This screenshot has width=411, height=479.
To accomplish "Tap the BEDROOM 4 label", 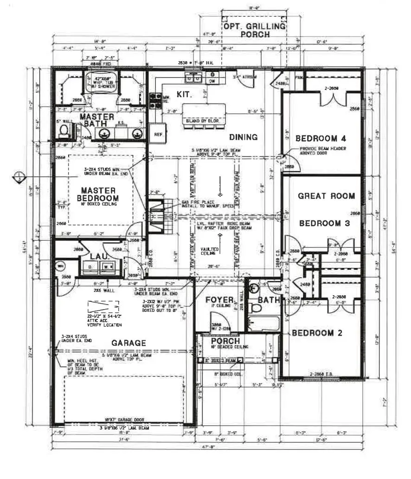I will [321, 138].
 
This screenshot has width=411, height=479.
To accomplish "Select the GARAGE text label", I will [128, 343].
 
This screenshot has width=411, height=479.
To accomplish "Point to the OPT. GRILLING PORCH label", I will [254, 31].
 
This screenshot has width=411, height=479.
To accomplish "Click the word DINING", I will [243, 137].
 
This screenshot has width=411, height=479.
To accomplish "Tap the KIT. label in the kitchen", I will [184, 94].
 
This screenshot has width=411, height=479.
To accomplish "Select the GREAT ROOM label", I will [326, 196].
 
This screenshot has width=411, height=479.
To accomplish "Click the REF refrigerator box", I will [158, 134].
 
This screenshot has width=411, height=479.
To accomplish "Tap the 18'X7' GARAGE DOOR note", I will [125, 419].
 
